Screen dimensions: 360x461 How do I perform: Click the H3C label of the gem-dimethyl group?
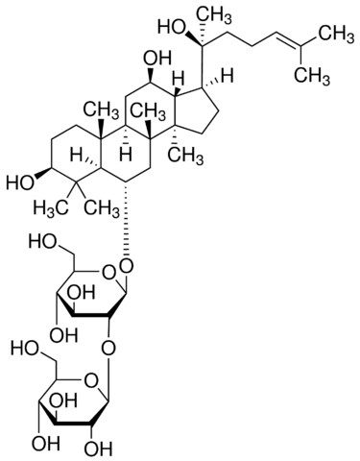pyautogui.click(x=51, y=208)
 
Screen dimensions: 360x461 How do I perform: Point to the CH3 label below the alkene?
pyautogui.click(x=312, y=77)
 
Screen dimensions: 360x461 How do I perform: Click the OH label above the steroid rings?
pyautogui.click(x=157, y=60)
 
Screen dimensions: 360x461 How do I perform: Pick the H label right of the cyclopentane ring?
pyautogui.click(x=228, y=77)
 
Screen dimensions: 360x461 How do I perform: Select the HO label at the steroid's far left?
pyautogui.click(x=20, y=183)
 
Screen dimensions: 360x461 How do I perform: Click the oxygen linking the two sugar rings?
pyautogui.click(x=108, y=349)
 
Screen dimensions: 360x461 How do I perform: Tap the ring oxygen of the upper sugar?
pyautogui.click(x=108, y=273)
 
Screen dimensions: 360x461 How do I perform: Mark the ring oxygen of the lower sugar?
pyautogui.click(x=90, y=379)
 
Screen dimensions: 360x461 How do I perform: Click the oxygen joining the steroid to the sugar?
pyautogui.click(x=127, y=265)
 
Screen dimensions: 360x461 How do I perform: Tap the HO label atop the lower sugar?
pyautogui.click(x=25, y=349)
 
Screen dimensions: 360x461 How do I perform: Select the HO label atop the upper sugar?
pyautogui.click(x=42, y=241)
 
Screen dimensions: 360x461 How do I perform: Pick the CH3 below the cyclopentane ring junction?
pyautogui.click(x=186, y=157)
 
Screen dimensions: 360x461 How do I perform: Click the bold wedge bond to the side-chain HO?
pyautogui.click(x=192, y=38)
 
